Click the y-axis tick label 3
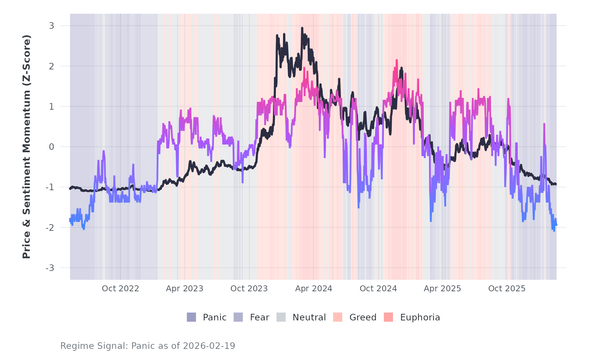[51, 26]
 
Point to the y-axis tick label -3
[50, 268]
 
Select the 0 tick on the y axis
[51, 147]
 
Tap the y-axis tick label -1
[50, 187]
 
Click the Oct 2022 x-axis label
[120, 289]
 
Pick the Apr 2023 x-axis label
[185, 289]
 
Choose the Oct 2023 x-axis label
[249, 289]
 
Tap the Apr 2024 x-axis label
[313, 289]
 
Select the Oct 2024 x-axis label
[378, 289]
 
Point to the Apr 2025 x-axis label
[442, 289]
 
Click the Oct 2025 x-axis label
[507, 289]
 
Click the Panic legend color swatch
[191, 317]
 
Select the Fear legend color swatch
[238, 317]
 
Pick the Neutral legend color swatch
[281, 317]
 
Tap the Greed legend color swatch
[338, 317]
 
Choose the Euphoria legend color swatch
[388, 317]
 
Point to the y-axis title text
[27, 147]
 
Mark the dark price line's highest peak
[302, 28]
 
